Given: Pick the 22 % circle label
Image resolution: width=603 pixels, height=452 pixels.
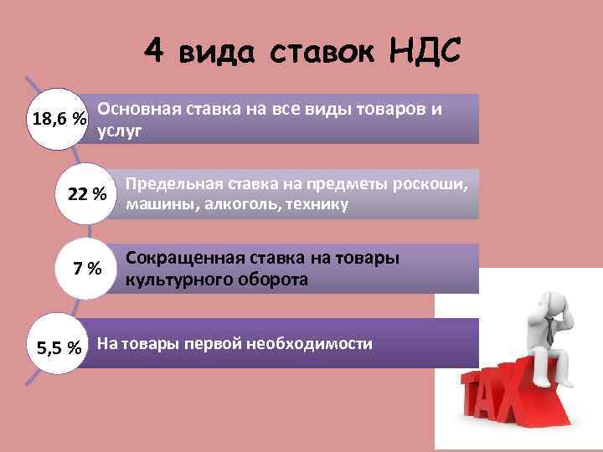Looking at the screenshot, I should point(86,194).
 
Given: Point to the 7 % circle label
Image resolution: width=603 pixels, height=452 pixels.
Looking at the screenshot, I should point(87,269).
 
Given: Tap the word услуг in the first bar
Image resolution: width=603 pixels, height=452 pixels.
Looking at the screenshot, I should point(120,131).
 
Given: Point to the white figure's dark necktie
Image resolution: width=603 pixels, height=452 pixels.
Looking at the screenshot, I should point(549,335).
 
